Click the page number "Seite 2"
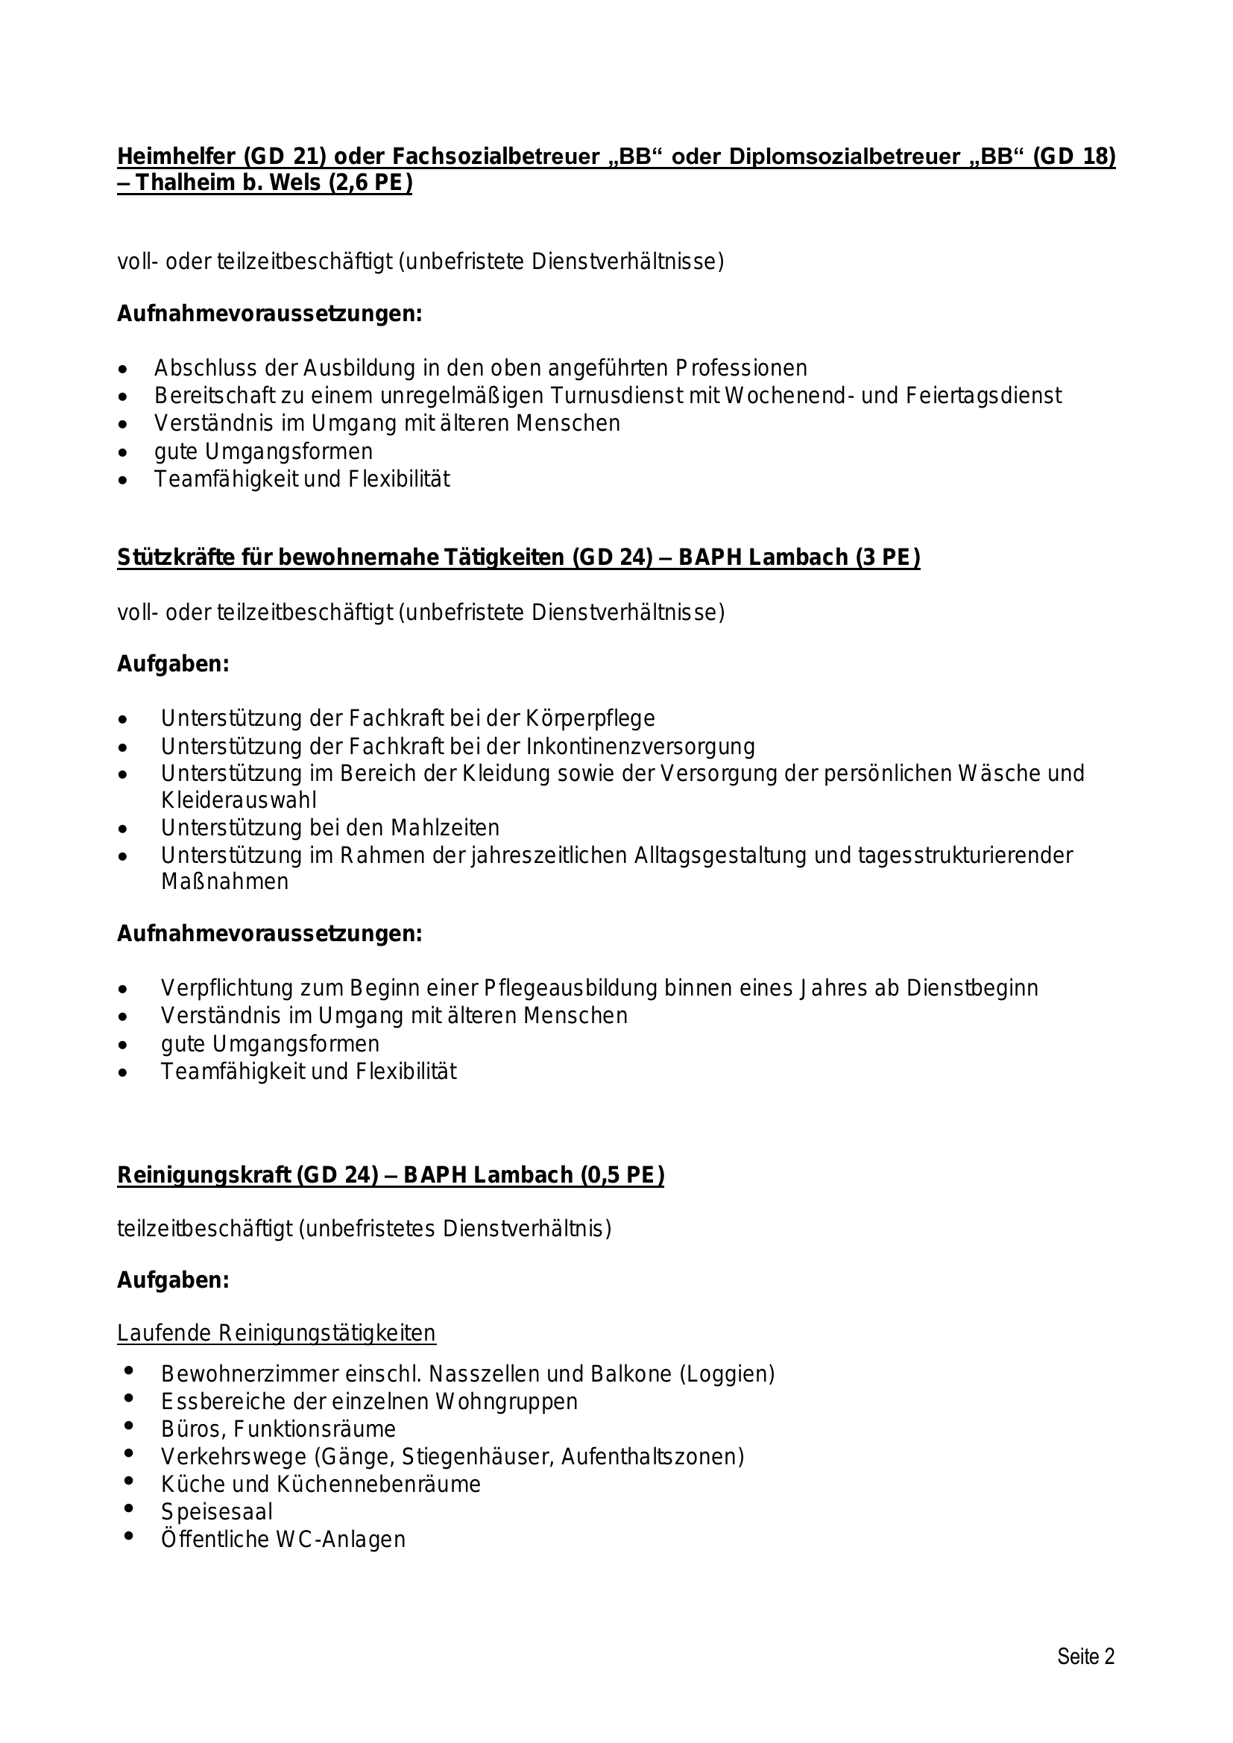pyautogui.click(x=1085, y=1657)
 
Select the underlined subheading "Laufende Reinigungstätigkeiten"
pyautogui.click(x=277, y=1333)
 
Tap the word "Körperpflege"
pyautogui.click(x=592, y=718)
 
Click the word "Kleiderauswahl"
pyautogui.click(x=239, y=800)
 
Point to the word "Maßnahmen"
pyautogui.click(x=224, y=882)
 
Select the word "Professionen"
pyautogui.click(x=741, y=368)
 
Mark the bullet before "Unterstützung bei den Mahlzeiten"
pyautogui.click(x=124, y=828)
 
